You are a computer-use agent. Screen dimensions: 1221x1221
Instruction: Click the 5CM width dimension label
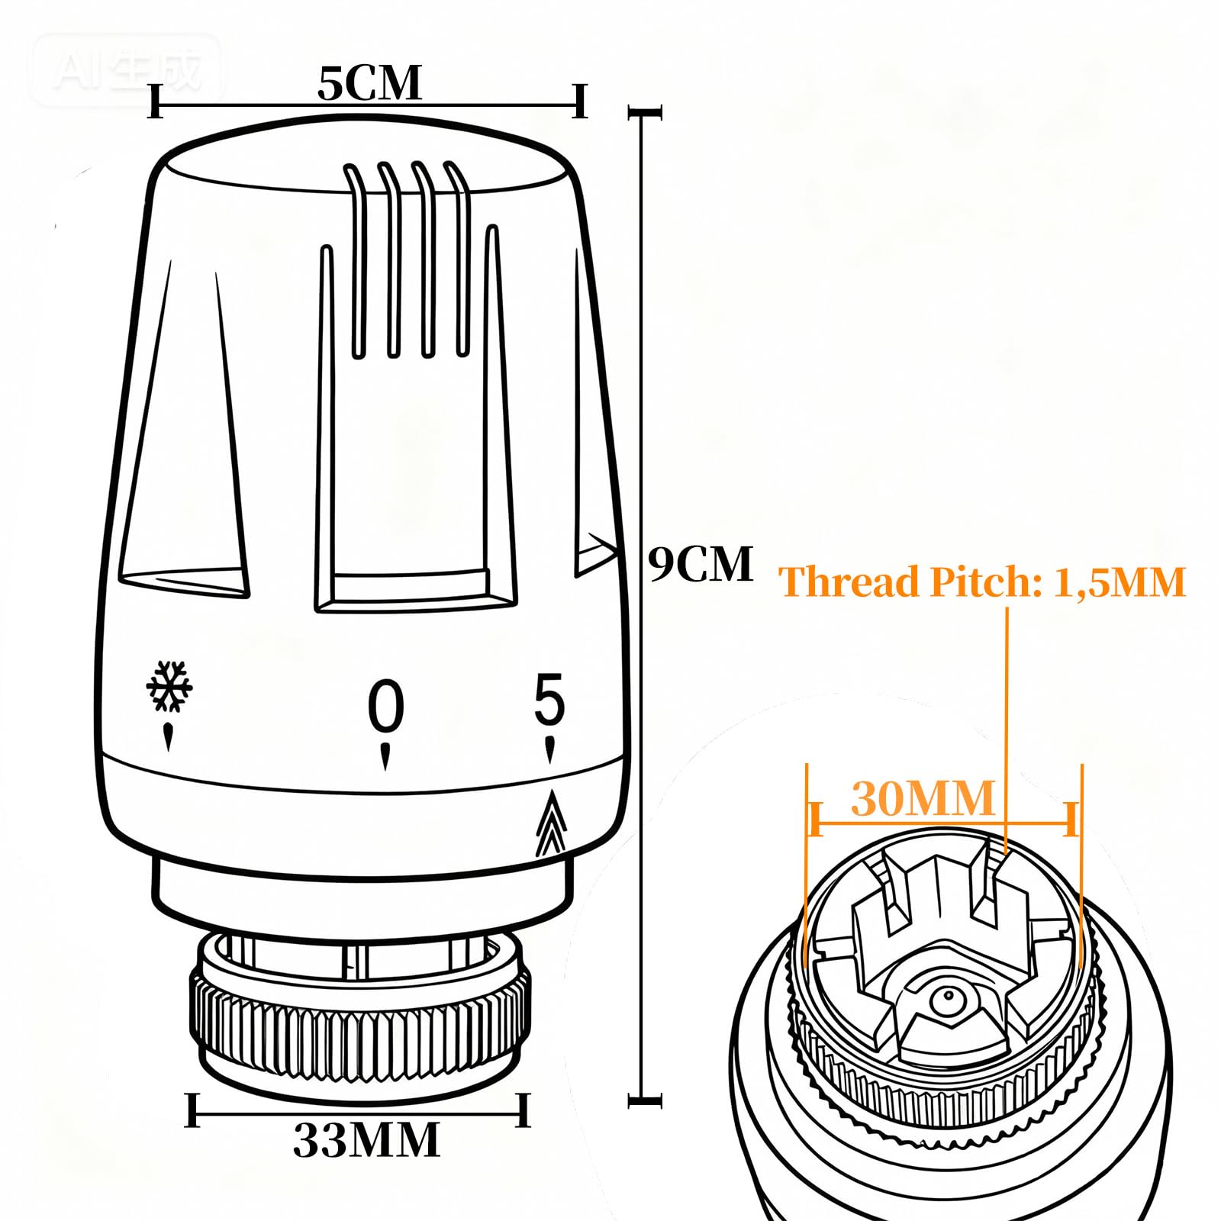369,83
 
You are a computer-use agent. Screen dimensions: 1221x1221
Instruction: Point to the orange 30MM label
923,798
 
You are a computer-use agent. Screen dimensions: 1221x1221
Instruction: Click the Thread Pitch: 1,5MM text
982,582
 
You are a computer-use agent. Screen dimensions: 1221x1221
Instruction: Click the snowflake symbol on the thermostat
169,686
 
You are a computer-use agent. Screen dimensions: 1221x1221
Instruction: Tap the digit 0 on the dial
386,706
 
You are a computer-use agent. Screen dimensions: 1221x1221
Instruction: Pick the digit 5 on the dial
549,698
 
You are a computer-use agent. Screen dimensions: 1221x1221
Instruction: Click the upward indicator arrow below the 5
551,823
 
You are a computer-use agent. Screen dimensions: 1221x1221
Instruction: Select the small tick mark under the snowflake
168,737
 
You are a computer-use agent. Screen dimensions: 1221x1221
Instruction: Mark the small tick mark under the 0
385,755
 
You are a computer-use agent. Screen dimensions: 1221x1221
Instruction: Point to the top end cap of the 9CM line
645,113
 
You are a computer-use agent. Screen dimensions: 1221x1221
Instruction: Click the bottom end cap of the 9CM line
645,1100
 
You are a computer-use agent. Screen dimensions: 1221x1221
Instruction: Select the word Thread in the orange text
849,582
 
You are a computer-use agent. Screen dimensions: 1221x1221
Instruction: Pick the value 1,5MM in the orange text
1120,582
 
